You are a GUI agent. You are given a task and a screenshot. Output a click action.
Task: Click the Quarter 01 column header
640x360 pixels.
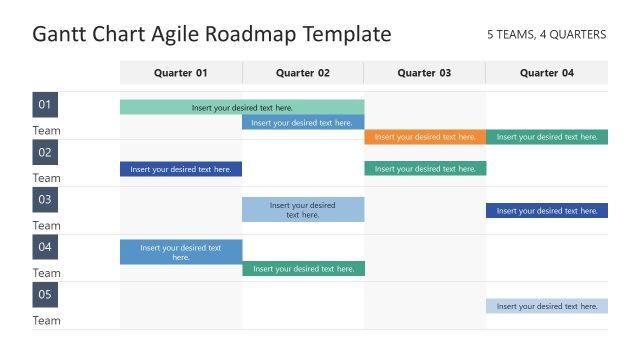(181, 72)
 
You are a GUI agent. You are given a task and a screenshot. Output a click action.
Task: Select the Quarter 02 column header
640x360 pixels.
(303, 72)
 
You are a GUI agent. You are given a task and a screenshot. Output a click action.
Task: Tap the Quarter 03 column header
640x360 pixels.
(424, 72)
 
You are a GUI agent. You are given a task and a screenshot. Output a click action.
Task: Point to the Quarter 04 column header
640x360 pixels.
(547, 72)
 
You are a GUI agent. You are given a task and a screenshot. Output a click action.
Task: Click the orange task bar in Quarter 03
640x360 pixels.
(425, 137)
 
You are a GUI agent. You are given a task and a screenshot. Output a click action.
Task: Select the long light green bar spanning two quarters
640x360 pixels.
(242, 107)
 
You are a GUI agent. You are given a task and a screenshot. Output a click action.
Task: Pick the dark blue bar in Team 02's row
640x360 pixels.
(181, 169)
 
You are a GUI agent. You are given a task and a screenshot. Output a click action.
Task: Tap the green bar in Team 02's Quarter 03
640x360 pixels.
(425, 169)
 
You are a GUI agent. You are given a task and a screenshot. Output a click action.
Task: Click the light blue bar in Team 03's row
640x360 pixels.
(303, 209)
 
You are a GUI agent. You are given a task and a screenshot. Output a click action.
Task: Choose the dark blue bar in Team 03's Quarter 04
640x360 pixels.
(547, 210)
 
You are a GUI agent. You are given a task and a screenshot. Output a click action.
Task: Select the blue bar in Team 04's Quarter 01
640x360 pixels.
(181, 252)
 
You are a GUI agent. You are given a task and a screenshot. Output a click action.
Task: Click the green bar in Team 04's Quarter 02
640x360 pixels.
(303, 268)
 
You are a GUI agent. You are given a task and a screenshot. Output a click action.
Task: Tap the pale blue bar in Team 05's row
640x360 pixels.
(547, 306)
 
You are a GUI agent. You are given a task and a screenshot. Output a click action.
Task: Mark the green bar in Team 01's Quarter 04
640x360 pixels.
(547, 137)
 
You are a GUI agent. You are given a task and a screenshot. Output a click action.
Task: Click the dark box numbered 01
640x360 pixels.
(45, 105)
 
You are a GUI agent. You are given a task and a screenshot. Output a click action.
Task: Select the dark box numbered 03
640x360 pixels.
(45, 200)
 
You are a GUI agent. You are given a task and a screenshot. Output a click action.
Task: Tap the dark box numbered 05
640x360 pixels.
(45, 295)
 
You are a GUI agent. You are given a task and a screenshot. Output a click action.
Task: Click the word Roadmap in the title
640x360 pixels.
(249, 35)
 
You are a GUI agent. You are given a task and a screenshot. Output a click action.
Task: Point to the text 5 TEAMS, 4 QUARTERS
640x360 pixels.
(546, 34)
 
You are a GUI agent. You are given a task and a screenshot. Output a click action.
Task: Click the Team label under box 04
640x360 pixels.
(47, 273)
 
